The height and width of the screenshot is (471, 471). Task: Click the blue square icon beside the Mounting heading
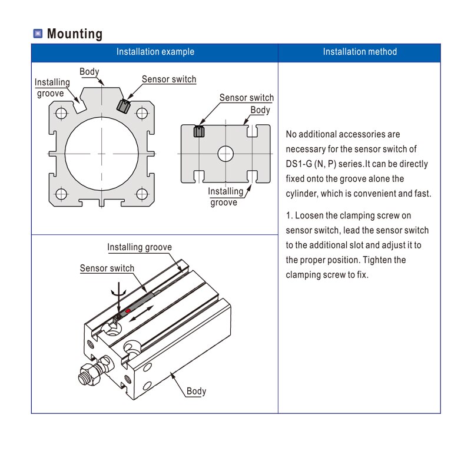pyautogui.click(x=38, y=34)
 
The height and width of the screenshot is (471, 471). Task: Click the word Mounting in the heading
pyautogui.click(x=74, y=34)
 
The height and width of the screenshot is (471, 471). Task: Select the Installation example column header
pyautogui.click(x=155, y=52)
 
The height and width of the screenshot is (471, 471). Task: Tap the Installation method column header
pyautogui.click(x=360, y=52)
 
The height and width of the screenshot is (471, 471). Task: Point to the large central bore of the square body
pyautogui.click(x=102, y=154)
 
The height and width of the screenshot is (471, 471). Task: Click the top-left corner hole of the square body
pyautogui.click(x=61, y=112)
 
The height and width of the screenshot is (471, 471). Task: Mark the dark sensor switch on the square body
pyautogui.click(x=123, y=105)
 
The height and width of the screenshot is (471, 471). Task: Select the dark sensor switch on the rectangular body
pyautogui.click(x=199, y=131)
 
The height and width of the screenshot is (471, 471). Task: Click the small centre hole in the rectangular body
pyautogui.click(x=225, y=154)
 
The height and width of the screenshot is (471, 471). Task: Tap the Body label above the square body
pyautogui.click(x=89, y=72)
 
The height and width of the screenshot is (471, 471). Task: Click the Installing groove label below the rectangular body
pyautogui.click(x=225, y=197)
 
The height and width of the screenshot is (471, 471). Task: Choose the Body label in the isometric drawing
pyautogui.click(x=197, y=391)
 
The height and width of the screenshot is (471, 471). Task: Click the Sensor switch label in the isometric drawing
pyautogui.click(x=107, y=268)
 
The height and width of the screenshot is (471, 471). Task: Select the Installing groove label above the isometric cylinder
pyautogui.click(x=140, y=247)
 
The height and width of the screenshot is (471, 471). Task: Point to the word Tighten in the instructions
pyautogui.click(x=390, y=260)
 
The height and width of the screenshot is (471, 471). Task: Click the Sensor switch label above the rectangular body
pyautogui.click(x=246, y=98)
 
